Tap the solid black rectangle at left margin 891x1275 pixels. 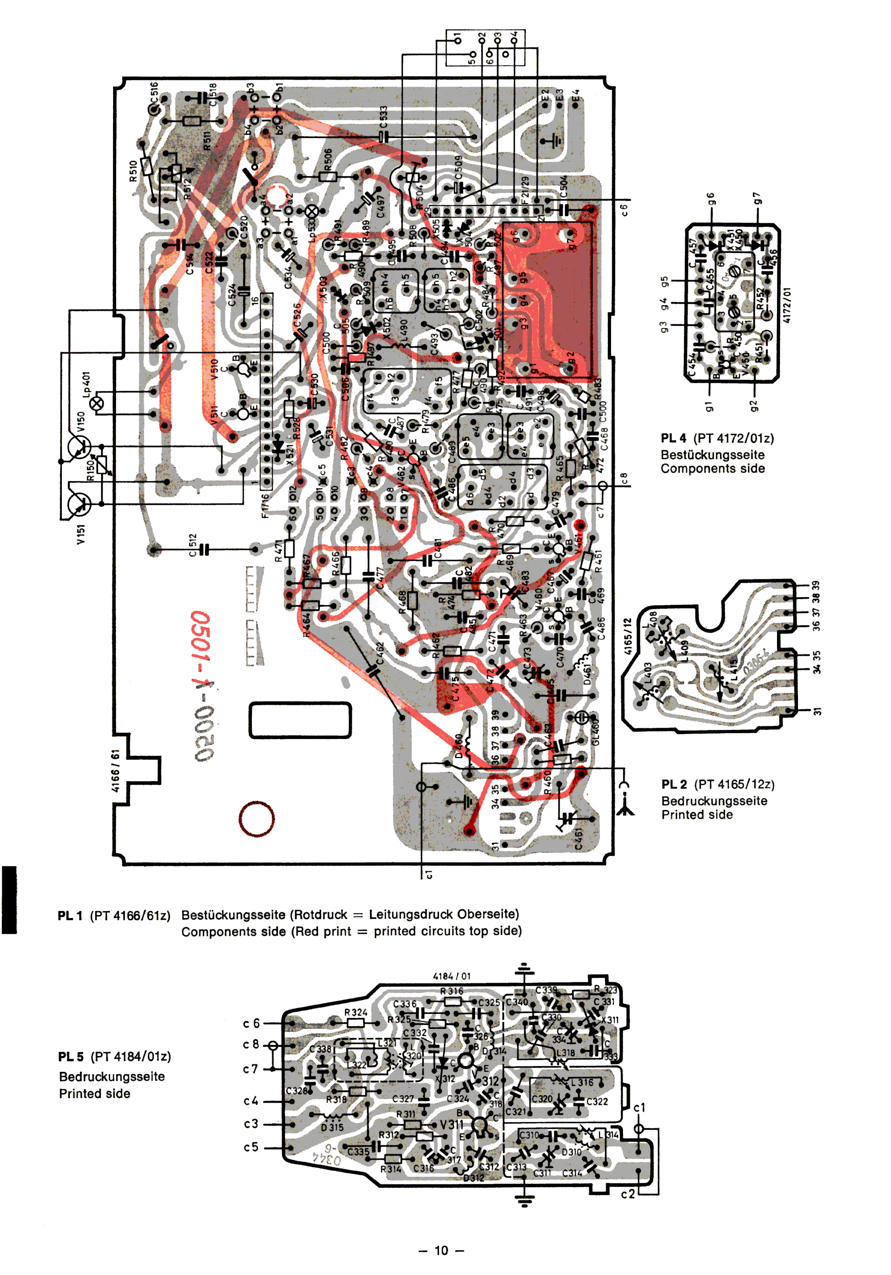click(x=9, y=900)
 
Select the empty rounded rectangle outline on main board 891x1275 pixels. click(x=300, y=720)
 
